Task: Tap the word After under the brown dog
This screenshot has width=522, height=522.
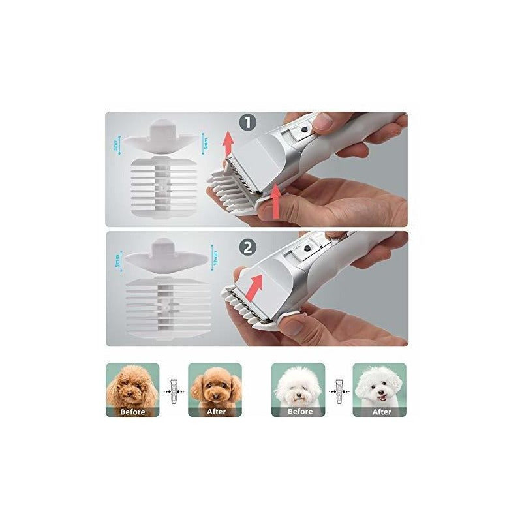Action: (x=215, y=412)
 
